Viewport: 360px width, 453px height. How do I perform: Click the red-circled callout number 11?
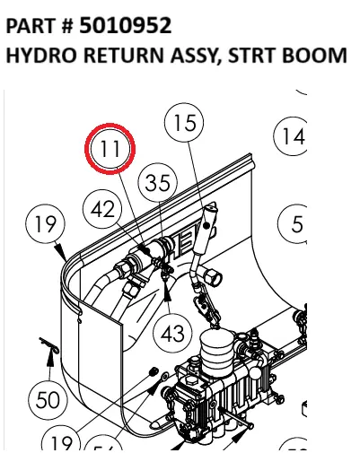point(110,149)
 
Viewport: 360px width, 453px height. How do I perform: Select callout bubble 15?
point(183,124)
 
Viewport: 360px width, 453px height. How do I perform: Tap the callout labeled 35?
point(157,183)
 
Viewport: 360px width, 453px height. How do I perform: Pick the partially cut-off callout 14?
point(292,136)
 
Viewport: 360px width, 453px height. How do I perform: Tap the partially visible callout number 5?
point(296,224)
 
